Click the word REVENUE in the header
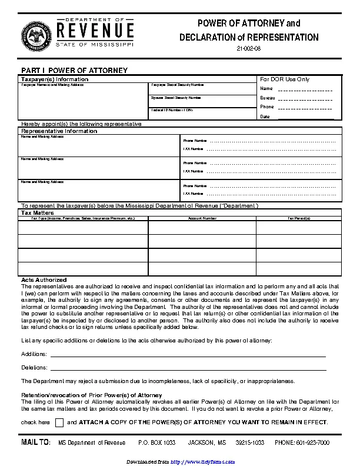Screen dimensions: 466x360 95,30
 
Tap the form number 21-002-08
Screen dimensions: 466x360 249,48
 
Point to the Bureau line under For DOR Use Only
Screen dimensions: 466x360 304,98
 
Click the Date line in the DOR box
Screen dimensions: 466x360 304,117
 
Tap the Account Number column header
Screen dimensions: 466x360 202,218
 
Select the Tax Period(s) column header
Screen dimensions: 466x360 298,218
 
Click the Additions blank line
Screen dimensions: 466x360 188,355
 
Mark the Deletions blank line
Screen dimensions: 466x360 188,368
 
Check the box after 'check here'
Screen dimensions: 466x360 59,422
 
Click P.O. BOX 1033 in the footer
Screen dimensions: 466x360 156,442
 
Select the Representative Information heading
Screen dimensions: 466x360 59,131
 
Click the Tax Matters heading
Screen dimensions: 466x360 38,212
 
